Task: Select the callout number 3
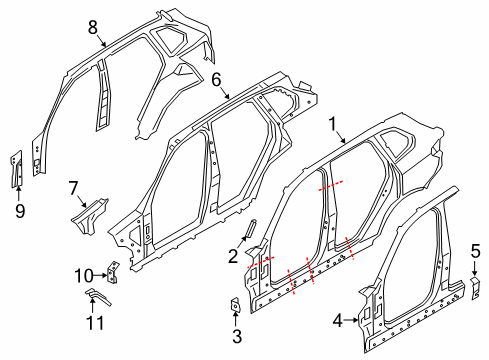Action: (236, 335)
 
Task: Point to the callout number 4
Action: (338, 321)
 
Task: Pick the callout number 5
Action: (476, 251)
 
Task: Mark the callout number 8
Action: (92, 27)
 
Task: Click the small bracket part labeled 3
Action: (234, 305)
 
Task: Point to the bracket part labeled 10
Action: (115, 270)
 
